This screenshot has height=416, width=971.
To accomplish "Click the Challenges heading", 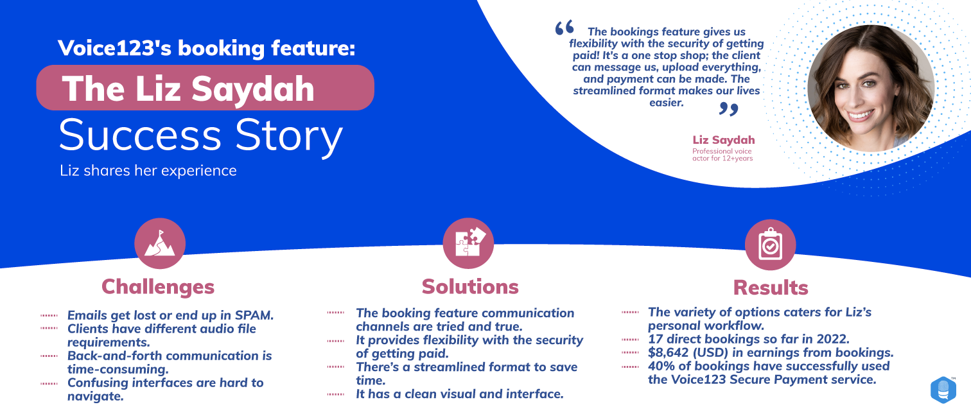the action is [158, 288].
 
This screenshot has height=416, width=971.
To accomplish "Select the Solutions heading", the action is [470, 287].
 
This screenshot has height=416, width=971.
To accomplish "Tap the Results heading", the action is [770, 288].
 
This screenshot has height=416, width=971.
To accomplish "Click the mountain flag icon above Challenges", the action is [159, 243].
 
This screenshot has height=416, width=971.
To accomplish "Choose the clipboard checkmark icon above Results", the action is [770, 245].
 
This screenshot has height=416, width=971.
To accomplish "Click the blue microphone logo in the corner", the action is [943, 390].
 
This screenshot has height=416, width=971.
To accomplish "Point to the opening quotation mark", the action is [564, 28].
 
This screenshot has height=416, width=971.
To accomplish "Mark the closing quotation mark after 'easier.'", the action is [728, 108].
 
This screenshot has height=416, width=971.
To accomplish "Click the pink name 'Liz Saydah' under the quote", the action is [724, 140].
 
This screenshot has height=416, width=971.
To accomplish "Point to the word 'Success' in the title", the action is [140, 135].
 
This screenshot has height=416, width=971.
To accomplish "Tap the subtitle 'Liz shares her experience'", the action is [148, 171].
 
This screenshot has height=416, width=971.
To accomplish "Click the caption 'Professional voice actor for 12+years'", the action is [722, 155].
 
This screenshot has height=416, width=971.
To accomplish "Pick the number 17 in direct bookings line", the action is [655, 339].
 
